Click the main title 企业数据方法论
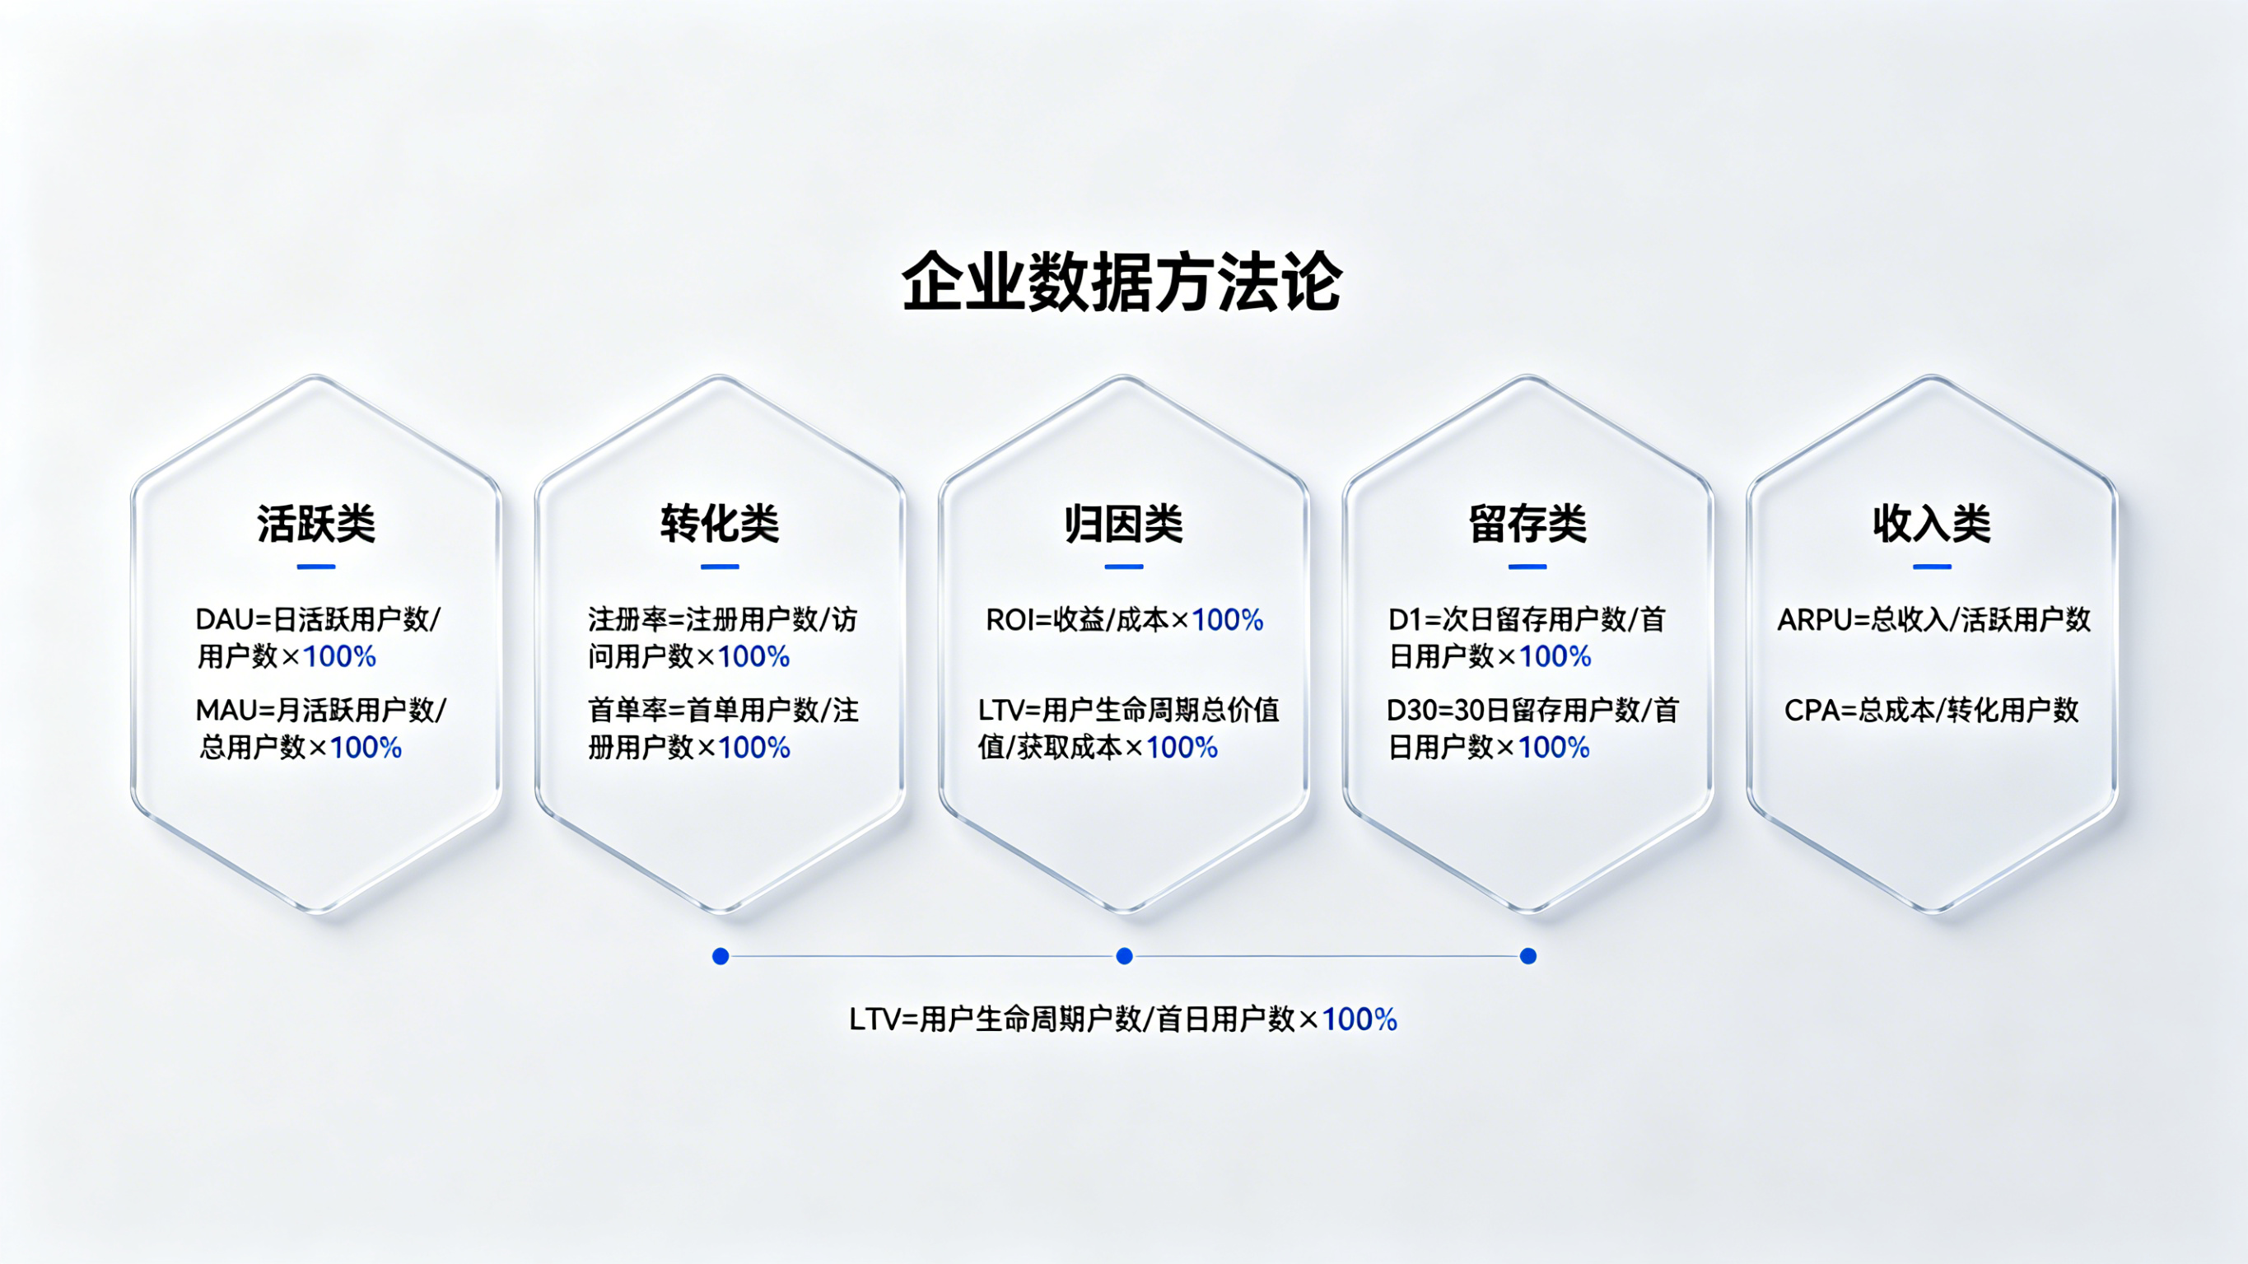[1122, 281]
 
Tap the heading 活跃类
[316, 524]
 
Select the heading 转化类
[720, 524]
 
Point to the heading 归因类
[1124, 524]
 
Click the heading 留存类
[1528, 524]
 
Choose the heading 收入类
[1932, 524]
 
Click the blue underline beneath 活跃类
[316, 567]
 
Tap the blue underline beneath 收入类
[1932, 567]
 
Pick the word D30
[1412, 711]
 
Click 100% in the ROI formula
[1227, 620]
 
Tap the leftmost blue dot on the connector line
[721, 957]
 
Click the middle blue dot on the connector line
[1125, 957]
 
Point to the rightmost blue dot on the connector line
[1528, 957]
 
